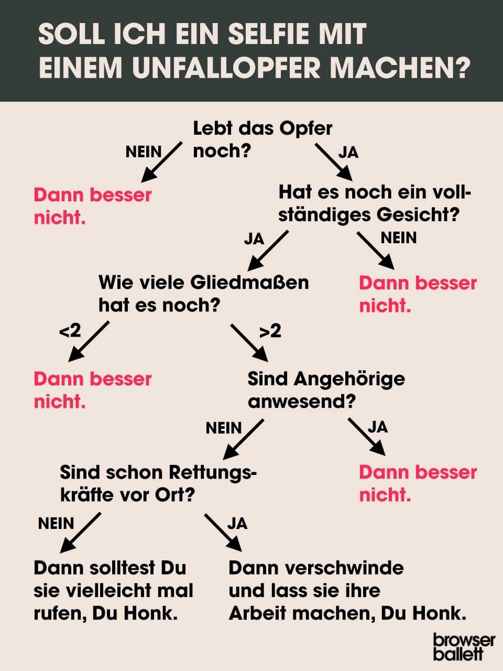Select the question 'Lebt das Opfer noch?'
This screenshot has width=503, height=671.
click(263, 139)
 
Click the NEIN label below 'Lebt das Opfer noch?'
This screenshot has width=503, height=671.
click(144, 152)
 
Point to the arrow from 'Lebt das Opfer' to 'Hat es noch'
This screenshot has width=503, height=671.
click(334, 163)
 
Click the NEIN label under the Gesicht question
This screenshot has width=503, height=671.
click(399, 237)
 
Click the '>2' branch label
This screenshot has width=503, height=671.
click(270, 331)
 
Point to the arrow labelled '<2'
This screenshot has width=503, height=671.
click(89, 341)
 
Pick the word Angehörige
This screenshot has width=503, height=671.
click(349, 380)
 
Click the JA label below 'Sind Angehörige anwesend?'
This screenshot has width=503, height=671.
click(377, 427)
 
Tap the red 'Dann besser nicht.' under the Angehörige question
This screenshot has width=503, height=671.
click(418, 484)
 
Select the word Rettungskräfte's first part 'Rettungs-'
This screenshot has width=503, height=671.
click(213, 473)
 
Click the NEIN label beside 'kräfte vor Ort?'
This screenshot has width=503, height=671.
click(56, 523)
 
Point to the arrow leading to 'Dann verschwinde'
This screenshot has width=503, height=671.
click(223, 533)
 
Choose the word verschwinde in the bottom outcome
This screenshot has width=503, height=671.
click(344, 568)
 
